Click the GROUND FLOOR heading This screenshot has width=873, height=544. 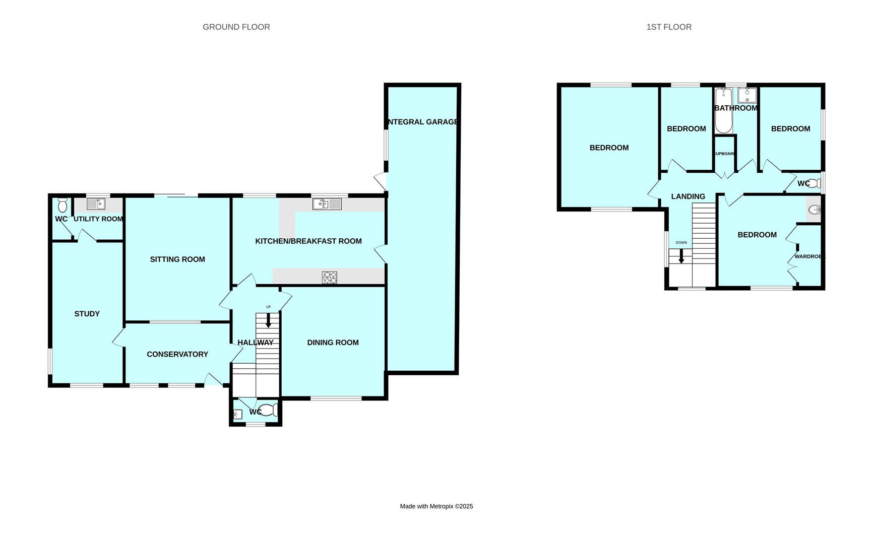(x=236, y=27)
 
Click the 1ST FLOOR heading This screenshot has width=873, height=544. (x=669, y=27)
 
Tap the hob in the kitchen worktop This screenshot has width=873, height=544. (x=330, y=277)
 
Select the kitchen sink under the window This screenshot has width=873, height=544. (x=327, y=204)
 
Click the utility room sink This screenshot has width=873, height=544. (x=96, y=204)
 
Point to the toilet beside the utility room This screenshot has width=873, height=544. (x=63, y=205)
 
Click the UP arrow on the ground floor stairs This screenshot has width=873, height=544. (x=268, y=320)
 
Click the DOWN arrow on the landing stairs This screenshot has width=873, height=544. (x=681, y=257)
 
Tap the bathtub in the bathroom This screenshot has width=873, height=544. (x=724, y=111)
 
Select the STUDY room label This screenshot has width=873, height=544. (x=87, y=314)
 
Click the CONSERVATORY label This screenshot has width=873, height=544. (x=177, y=355)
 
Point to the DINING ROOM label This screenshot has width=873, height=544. (x=333, y=343)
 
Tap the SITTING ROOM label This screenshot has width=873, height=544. (x=177, y=259)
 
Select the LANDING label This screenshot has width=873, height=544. (x=688, y=196)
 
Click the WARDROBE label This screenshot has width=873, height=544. (x=809, y=256)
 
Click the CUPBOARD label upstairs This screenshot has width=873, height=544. (x=725, y=154)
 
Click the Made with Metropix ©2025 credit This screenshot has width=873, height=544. (x=436, y=506)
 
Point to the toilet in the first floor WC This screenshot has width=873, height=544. (x=814, y=183)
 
